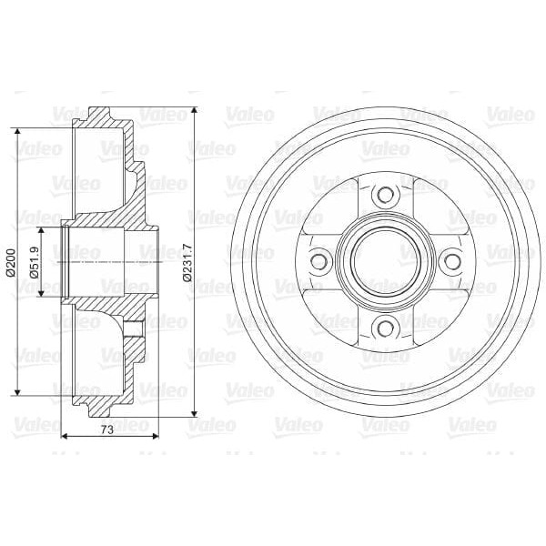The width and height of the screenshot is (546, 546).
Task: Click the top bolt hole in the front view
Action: coord(384,195)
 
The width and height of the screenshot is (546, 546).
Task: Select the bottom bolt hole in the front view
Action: coord(384,327)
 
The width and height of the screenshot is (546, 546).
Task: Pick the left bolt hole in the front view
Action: coord(318,261)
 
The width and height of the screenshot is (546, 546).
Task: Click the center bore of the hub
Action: coord(384,261)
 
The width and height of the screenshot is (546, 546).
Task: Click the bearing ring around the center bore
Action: coord(384,227)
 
